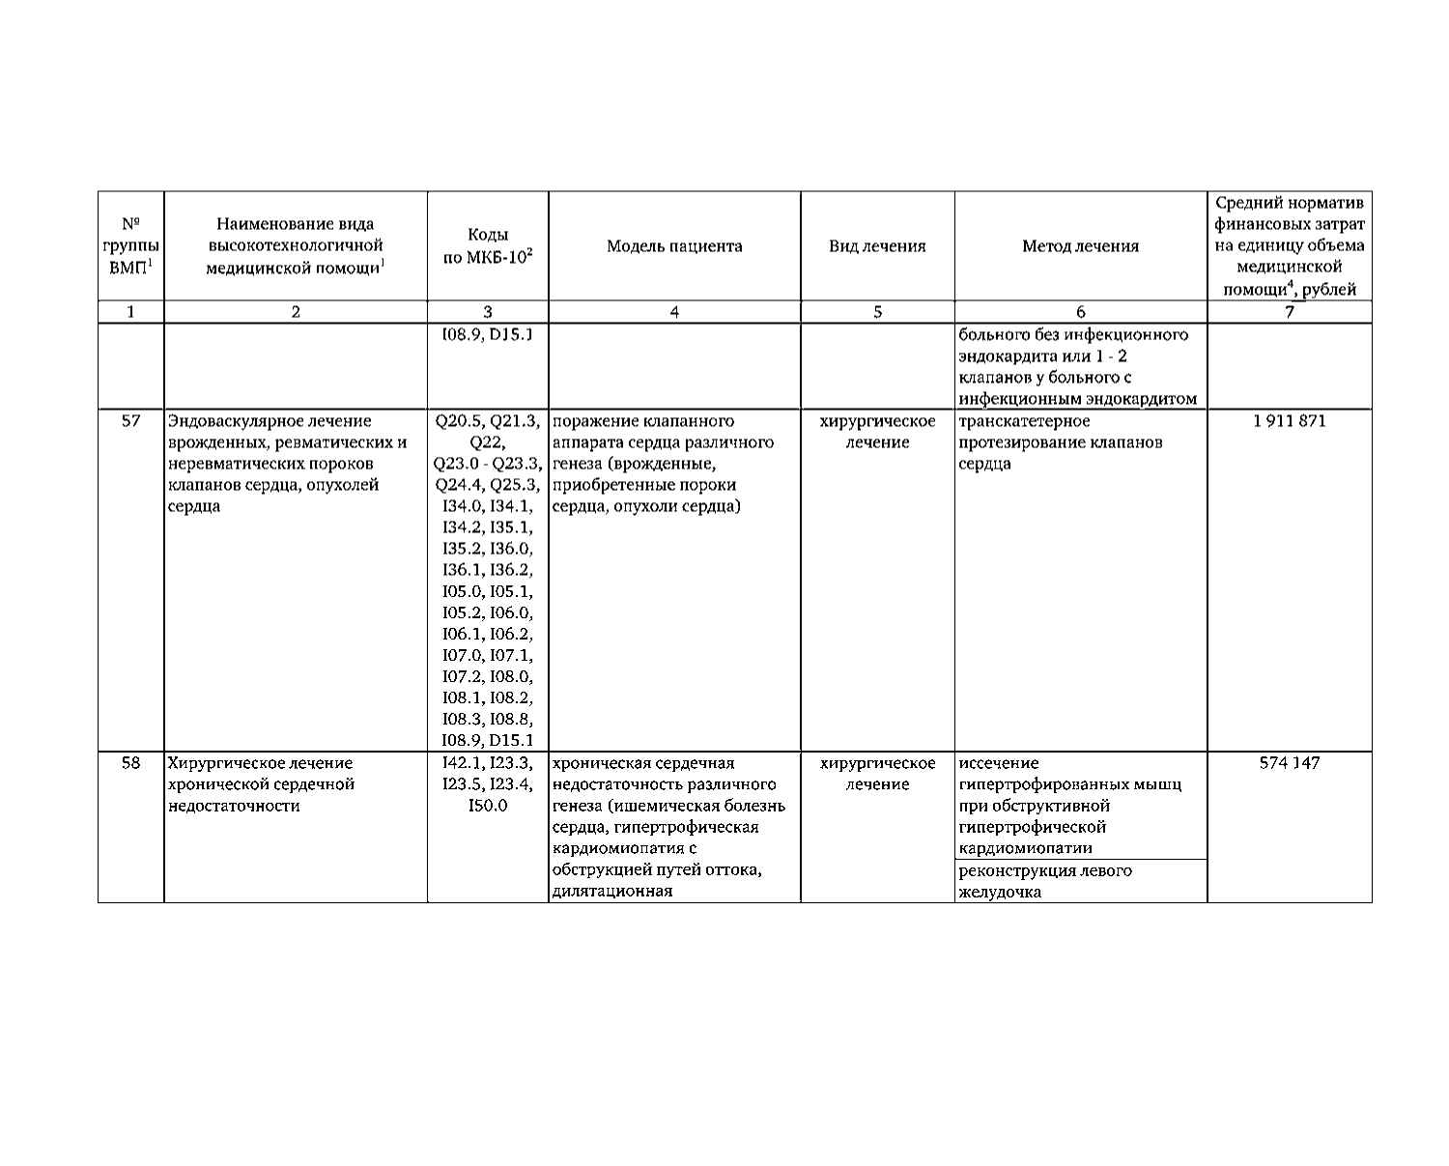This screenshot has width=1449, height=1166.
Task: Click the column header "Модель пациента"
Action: tap(674, 246)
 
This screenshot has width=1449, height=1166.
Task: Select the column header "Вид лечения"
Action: tap(877, 246)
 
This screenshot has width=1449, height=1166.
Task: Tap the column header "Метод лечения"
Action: tap(1080, 246)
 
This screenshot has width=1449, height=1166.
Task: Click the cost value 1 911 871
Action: tap(1290, 421)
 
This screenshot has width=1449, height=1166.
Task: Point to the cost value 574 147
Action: tap(1290, 763)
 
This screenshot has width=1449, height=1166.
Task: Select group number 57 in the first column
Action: tap(130, 421)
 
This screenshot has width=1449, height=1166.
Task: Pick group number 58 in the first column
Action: tap(130, 763)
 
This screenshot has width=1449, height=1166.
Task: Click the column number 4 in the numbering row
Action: tap(674, 312)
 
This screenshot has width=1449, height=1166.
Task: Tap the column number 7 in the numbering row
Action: tap(1290, 312)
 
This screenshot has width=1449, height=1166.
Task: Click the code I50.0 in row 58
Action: tap(488, 806)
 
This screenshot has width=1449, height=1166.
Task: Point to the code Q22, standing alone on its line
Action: tap(488, 442)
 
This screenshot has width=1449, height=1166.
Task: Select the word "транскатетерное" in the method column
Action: tap(1025, 421)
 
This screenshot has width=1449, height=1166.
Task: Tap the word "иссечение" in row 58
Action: tap(999, 763)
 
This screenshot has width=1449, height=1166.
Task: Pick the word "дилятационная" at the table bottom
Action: tap(611, 892)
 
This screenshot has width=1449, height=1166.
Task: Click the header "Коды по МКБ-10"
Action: tap(488, 246)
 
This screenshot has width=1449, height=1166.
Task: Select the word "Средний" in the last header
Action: tap(1246, 203)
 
